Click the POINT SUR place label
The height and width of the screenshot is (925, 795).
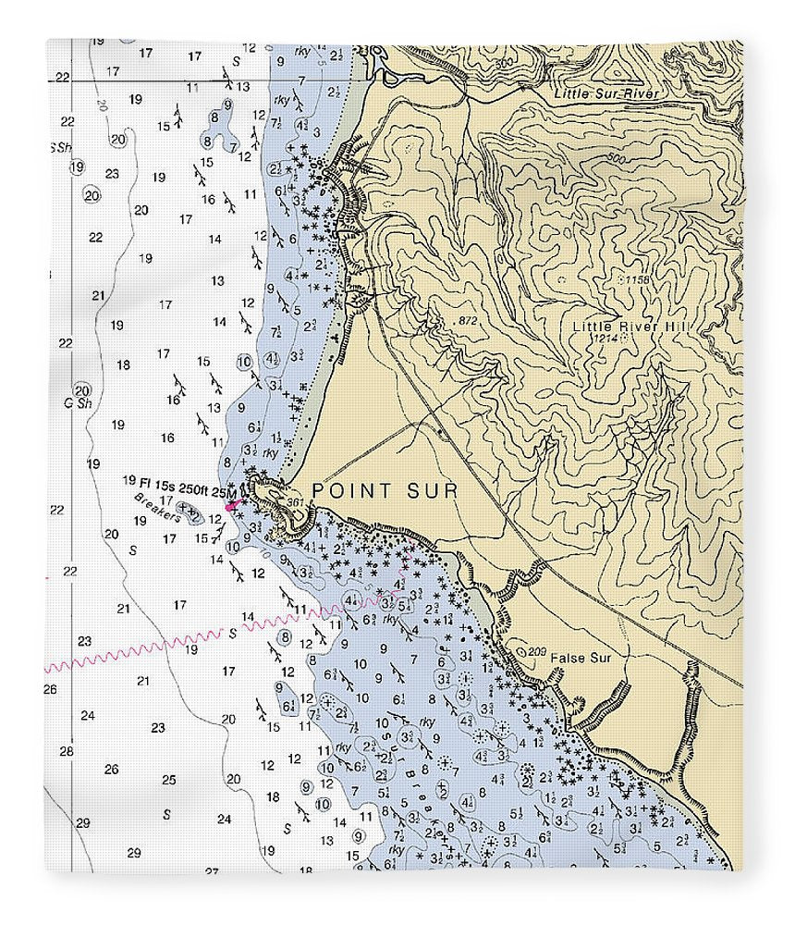(385, 490)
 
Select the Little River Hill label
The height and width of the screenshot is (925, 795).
(631, 326)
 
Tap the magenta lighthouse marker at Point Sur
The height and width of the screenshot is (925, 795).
(231, 505)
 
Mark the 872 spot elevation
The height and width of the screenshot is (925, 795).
(468, 320)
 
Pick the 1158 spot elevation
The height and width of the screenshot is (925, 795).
(634, 278)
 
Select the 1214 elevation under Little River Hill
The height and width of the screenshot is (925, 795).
(605, 339)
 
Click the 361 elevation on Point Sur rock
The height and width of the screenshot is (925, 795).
(296, 502)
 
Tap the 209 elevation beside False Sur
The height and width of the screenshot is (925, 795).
(535, 652)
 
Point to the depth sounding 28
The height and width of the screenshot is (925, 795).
(66, 752)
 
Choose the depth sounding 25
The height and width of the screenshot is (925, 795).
(168, 780)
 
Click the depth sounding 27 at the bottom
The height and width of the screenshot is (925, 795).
(212, 870)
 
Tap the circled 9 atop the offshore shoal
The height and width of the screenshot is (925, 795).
(214, 117)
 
